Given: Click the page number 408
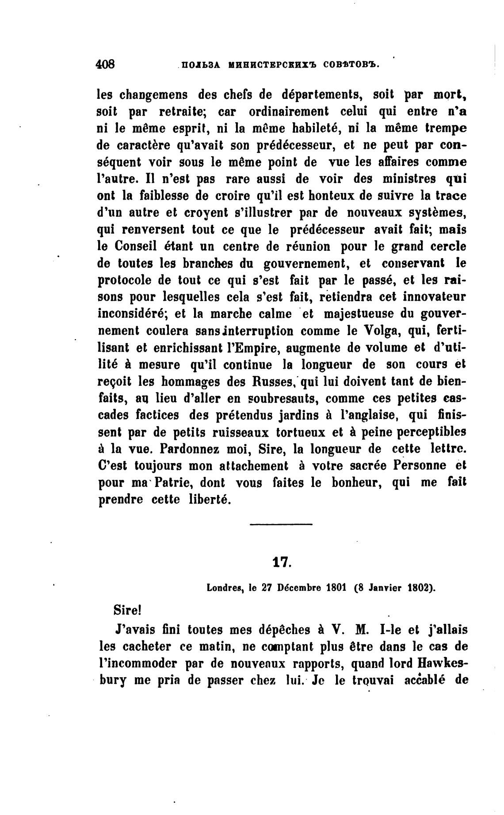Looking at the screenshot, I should (x=105, y=64).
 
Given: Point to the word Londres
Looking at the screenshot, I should (x=226, y=588).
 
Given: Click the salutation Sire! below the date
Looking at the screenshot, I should (x=127, y=611).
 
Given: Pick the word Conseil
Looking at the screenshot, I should (x=134, y=246).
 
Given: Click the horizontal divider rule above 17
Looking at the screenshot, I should (x=281, y=524).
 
